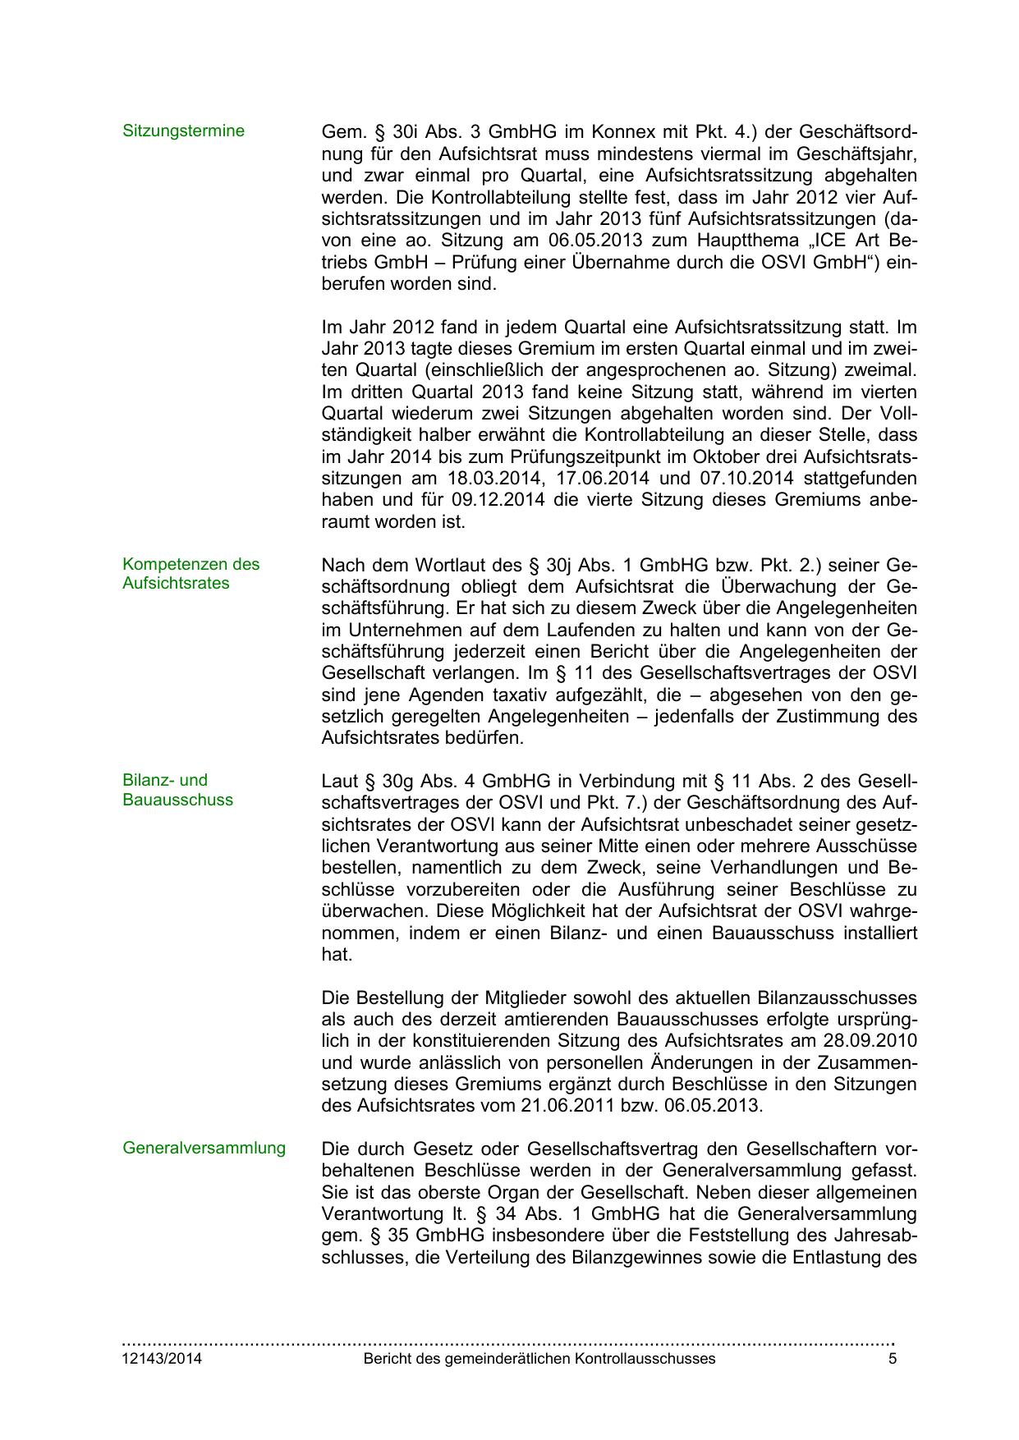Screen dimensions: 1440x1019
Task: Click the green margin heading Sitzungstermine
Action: click(x=183, y=131)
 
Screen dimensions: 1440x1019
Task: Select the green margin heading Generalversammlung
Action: click(x=204, y=1149)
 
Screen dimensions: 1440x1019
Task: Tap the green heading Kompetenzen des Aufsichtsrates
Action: click(x=190, y=574)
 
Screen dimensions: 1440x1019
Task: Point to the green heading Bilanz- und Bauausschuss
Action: click(x=177, y=790)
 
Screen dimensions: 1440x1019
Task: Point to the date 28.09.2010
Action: click(x=869, y=1041)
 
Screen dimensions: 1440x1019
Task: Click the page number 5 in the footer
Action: click(x=892, y=1359)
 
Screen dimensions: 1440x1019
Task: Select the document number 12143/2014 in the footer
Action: click(x=163, y=1359)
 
